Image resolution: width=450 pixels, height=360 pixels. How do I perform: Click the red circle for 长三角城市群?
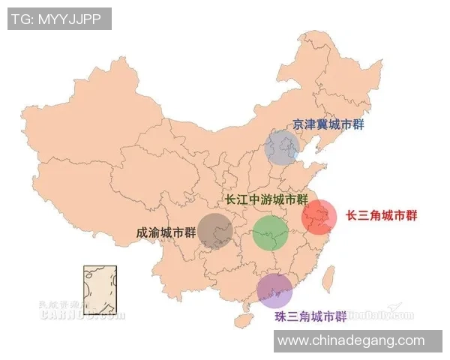[319, 217]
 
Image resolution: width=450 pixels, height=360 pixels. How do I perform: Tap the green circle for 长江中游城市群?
[270, 233]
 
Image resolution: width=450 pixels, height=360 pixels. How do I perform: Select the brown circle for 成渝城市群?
[215, 230]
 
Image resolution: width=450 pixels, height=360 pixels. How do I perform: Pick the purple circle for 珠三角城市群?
[274, 290]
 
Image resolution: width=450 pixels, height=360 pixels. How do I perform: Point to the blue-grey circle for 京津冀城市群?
[283, 147]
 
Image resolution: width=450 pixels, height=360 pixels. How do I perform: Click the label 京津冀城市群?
[328, 125]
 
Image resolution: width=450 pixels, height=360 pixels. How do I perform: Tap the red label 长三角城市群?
[381, 215]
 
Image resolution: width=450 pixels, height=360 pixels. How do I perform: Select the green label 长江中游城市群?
[267, 200]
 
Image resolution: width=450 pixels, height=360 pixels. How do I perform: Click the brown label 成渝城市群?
[161, 233]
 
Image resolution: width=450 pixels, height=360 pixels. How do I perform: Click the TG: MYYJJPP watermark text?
[58, 18]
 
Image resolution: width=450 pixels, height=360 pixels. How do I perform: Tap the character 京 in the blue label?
[298, 125]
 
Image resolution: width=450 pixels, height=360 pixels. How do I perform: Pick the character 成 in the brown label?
[142, 233]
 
